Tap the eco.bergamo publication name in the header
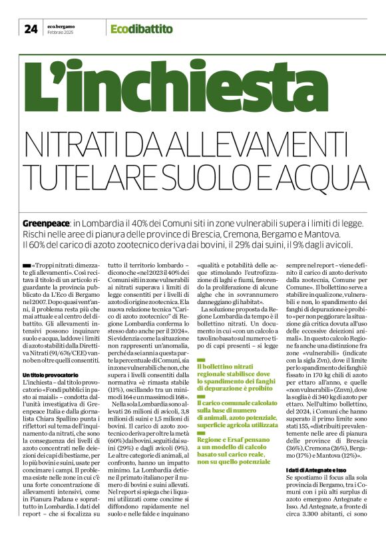(61, 26)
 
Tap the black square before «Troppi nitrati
(26, 266)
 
